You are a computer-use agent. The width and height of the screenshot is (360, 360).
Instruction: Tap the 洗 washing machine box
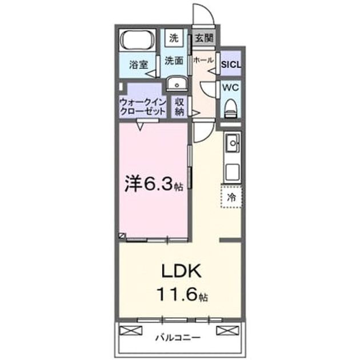coord(174,38)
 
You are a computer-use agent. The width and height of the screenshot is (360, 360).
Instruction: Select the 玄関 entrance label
coord(203,38)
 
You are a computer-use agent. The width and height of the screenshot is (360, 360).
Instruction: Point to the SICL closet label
coord(231,64)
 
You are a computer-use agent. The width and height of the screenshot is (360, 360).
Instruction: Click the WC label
coord(230,87)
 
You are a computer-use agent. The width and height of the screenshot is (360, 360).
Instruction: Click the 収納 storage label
coord(179,107)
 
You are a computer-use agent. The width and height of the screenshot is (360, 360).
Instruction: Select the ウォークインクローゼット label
coord(143,107)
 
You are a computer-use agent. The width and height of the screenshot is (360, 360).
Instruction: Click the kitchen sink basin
coord(233,143)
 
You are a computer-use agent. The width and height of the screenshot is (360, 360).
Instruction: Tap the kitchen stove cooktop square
coord(233,173)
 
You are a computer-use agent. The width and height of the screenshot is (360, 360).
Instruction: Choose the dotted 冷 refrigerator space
coord(231,197)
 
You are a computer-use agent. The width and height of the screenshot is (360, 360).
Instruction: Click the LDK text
coord(181,271)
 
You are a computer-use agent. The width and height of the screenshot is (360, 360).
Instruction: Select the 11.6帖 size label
coord(182,295)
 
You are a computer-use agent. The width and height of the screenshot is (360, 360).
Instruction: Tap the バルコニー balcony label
coord(178,338)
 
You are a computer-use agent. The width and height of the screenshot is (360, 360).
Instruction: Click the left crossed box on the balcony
coord(131,330)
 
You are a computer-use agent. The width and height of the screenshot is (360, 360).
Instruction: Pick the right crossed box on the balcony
coord(227,330)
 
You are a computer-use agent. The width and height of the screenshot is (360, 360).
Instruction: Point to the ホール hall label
coord(203,60)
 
